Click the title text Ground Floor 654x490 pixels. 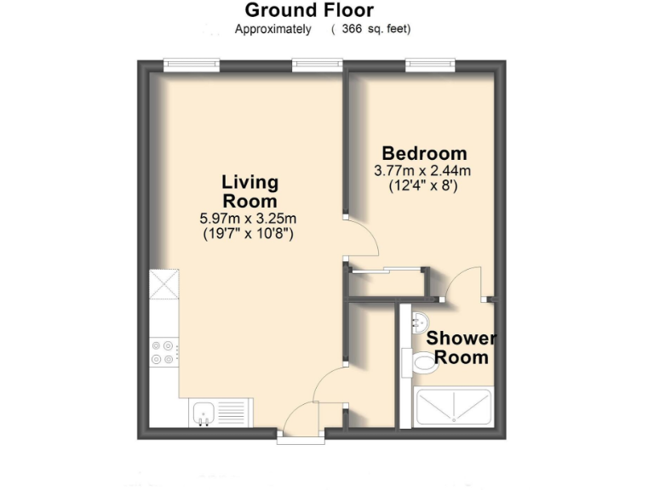(309, 10)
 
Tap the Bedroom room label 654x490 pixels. (424, 154)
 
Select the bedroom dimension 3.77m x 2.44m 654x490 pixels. (422, 171)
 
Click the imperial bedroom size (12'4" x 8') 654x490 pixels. (423, 185)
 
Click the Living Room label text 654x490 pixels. (250, 191)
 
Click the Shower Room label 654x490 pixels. (461, 347)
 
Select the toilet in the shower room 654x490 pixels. (422, 364)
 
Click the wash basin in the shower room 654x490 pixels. (420, 321)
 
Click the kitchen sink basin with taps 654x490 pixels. (204, 414)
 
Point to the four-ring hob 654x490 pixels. (163, 352)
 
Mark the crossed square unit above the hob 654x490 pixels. (163, 284)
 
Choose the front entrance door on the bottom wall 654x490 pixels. (302, 421)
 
